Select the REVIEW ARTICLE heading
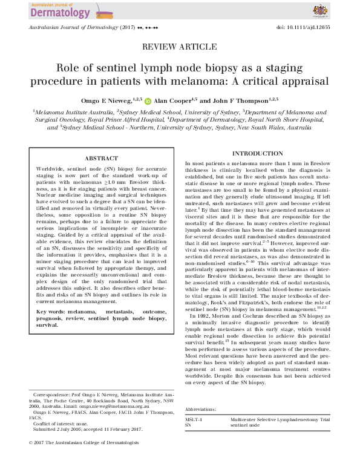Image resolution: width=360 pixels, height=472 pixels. [180, 47]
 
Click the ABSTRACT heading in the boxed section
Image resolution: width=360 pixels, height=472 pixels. [101, 159]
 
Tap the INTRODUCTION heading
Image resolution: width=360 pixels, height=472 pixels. [258, 154]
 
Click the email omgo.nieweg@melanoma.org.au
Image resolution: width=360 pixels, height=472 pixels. [110, 406]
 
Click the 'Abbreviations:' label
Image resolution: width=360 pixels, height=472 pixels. [200, 410]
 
